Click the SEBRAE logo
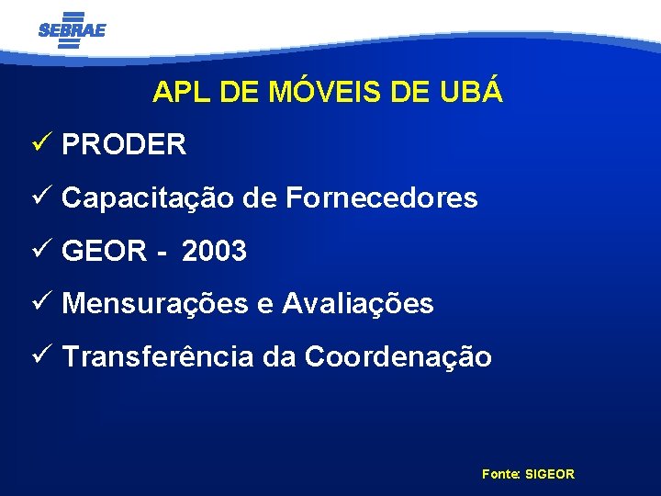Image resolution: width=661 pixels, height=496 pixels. [x=72, y=29]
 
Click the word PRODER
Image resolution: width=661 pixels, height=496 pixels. [x=124, y=145]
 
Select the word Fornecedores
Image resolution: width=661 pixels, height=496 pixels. [x=382, y=197]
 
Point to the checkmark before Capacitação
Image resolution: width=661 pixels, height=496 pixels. [x=39, y=197]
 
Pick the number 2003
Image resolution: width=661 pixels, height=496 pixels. [x=215, y=251]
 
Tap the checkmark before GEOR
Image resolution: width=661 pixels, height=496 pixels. [x=39, y=250]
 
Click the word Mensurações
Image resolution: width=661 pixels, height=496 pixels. [x=157, y=304]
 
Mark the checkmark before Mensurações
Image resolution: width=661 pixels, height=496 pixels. [x=39, y=302]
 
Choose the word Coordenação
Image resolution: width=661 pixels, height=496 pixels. [x=398, y=357]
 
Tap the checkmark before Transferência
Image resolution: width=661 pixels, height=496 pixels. [x=39, y=355]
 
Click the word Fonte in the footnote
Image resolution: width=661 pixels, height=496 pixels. [x=500, y=474]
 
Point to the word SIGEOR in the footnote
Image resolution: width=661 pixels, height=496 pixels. [x=550, y=474]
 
